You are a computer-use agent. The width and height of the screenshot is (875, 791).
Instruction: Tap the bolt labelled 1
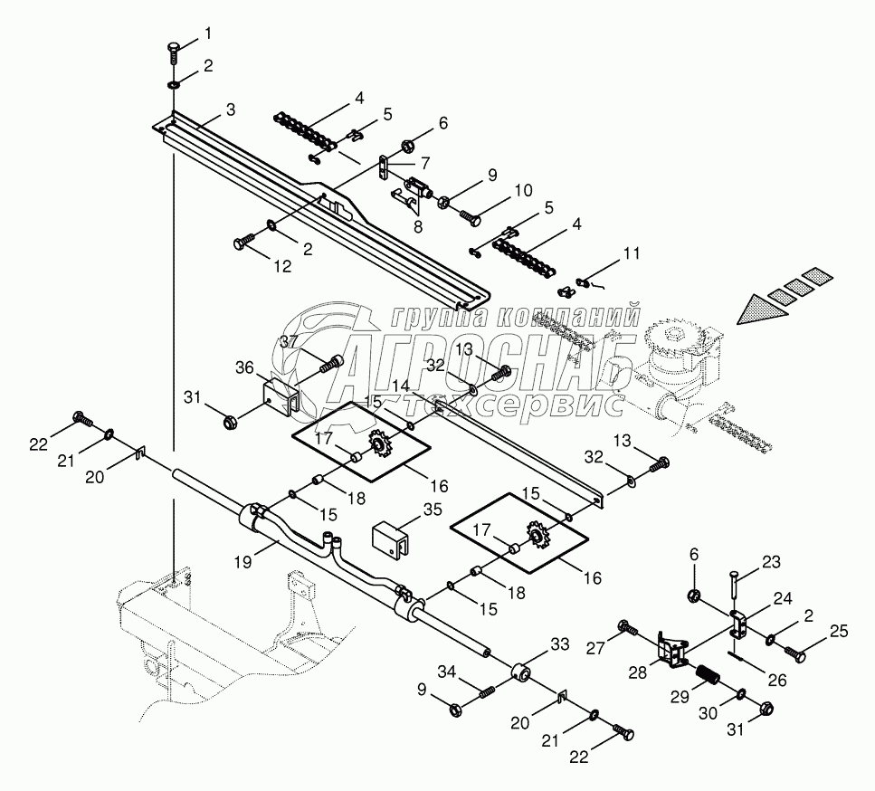point(175,50)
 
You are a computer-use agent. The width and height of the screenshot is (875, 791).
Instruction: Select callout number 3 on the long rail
point(230,110)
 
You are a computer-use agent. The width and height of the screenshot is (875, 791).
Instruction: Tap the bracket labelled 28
point(672,653)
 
